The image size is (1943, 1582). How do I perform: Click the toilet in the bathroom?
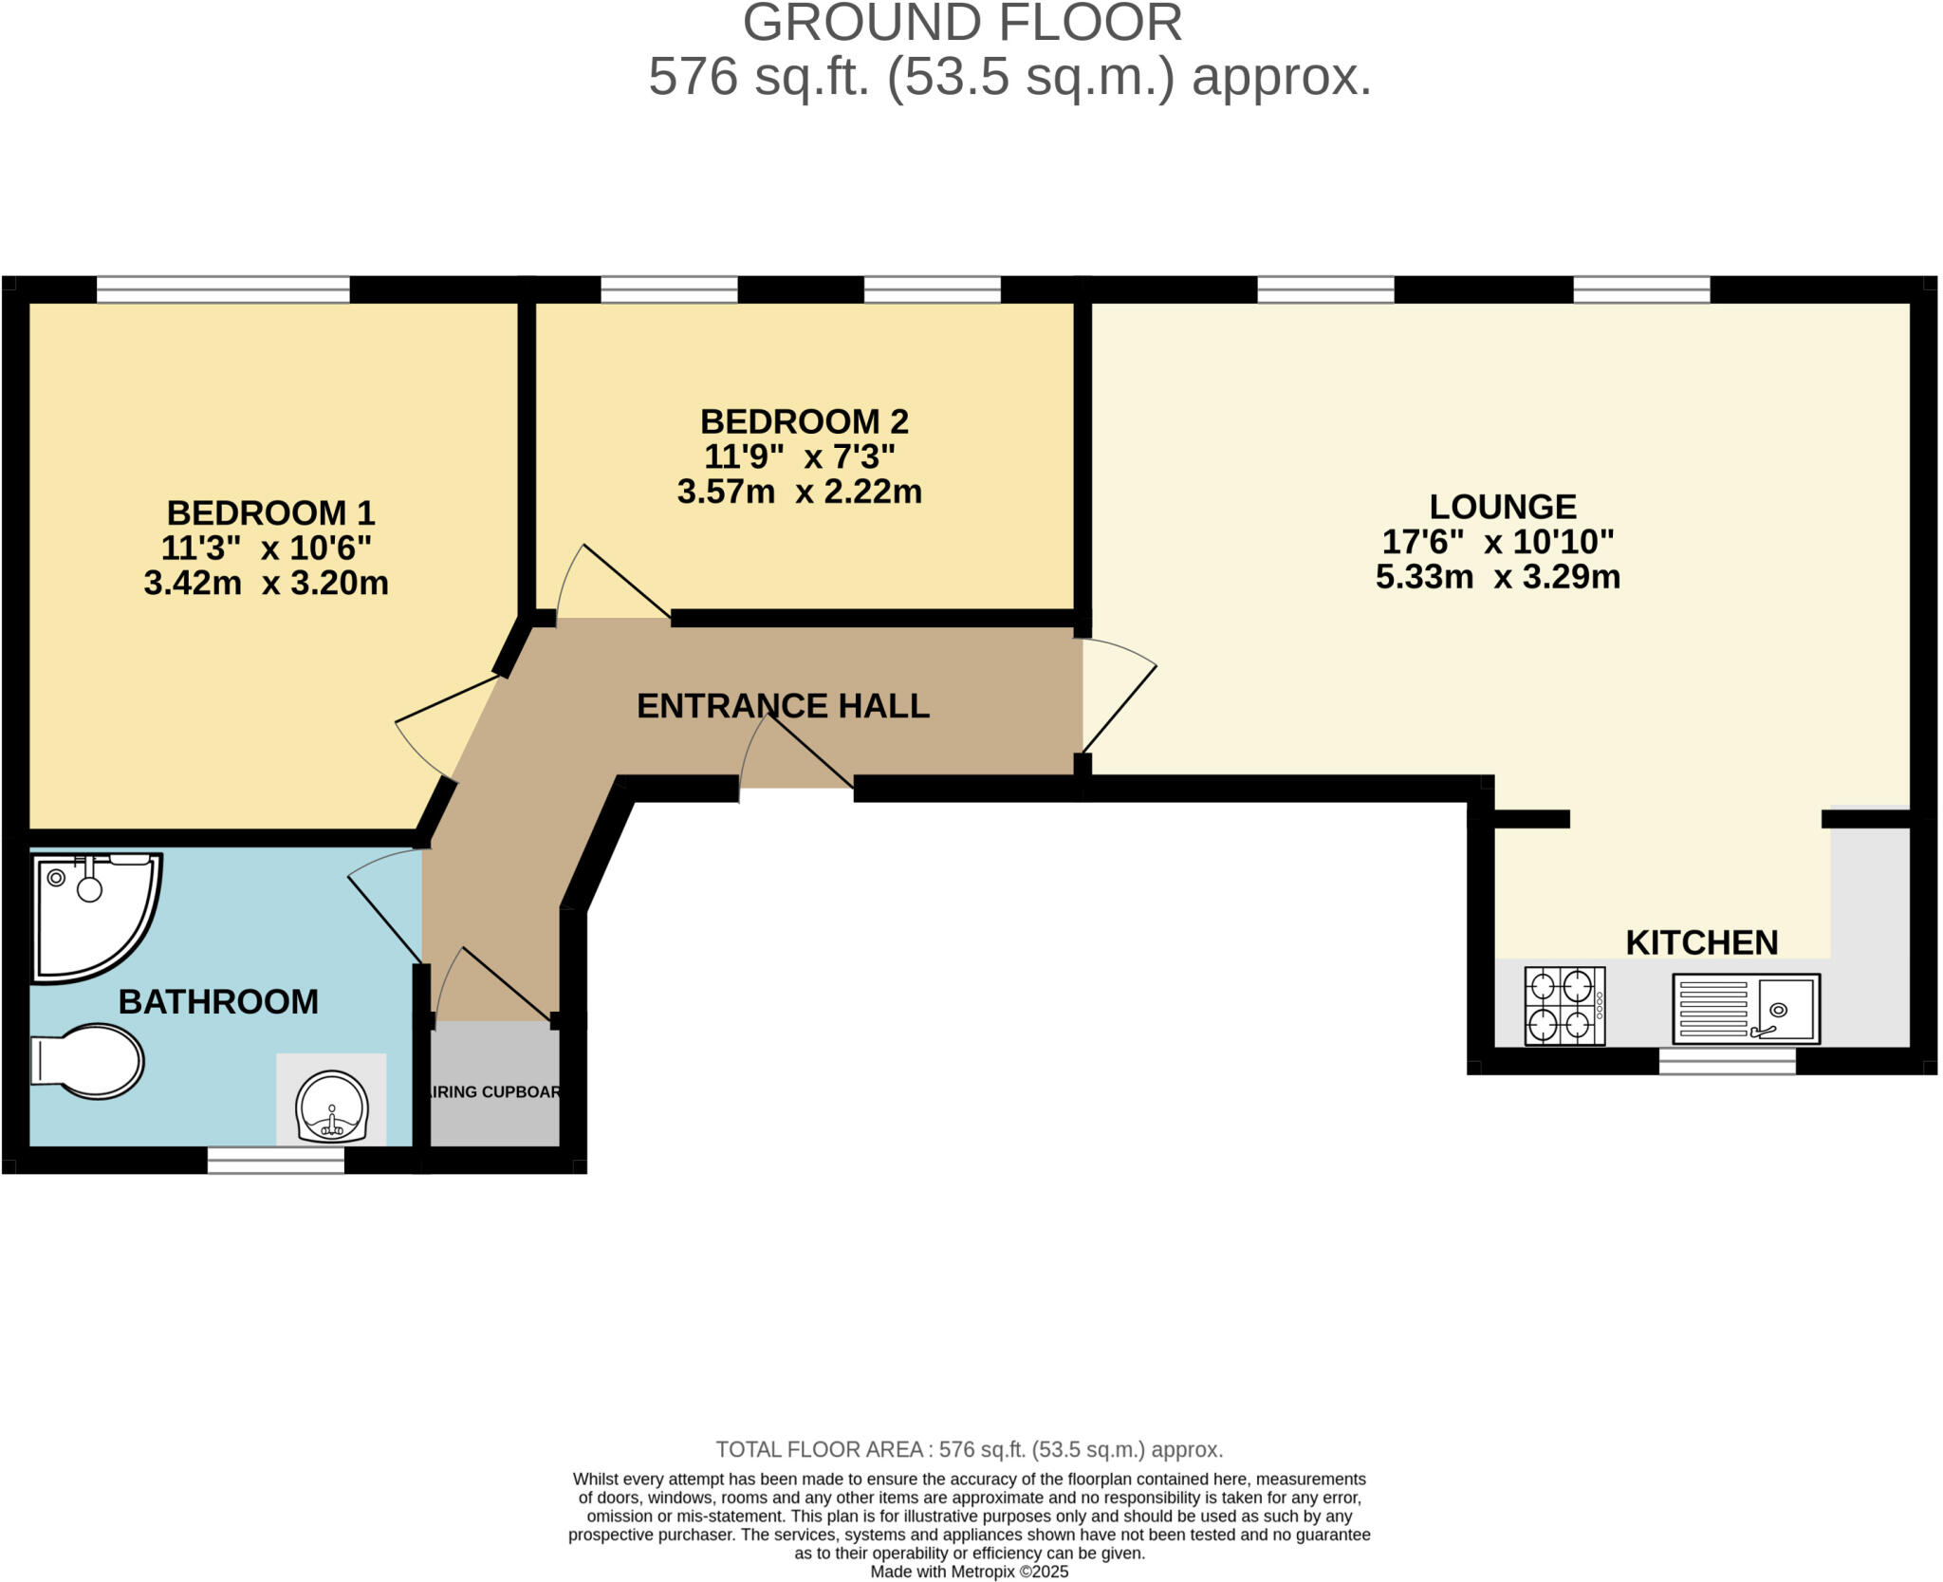point(90,1060)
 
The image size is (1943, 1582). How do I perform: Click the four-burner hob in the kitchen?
point(1564,1006)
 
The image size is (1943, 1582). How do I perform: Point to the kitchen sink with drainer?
point(1746,1009)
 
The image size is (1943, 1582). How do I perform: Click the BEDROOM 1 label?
point(270,513)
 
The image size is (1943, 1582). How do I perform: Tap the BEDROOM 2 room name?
point(804,421)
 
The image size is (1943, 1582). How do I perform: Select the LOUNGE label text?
point(1502,507)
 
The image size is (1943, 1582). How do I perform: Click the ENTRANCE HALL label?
point(783,706)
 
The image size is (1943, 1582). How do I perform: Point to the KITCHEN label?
point(1701,942)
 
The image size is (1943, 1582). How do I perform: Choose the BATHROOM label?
point(218,1002)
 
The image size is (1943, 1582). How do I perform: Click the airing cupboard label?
point(494,1092)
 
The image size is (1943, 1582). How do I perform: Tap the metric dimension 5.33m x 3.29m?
point(1497,577)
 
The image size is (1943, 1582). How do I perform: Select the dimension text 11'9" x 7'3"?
point(799,457)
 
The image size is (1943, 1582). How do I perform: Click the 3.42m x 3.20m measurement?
point(266,583)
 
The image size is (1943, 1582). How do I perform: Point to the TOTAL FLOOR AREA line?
point(969,1449)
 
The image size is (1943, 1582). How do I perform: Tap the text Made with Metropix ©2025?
point(969,1572)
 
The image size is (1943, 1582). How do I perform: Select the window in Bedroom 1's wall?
point(223,288)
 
